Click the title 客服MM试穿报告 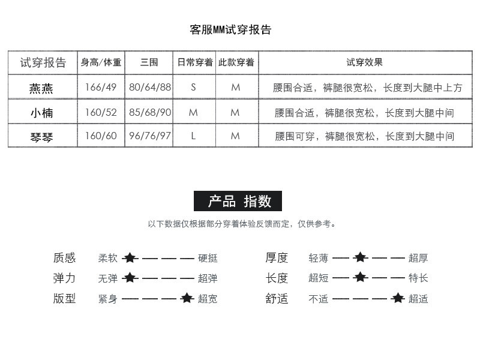[x=230, y=30]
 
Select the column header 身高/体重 [x=101, y=62]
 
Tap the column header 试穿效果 [x=364, y=62]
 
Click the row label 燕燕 [x=41, y=88]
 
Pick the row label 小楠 [x=41, y=112]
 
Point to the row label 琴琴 [x=41, y=136]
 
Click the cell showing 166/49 [x=101, y=87]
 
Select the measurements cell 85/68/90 [x=150, y=112]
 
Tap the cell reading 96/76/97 [x=150, y=136]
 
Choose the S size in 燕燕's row [x=193, y=87]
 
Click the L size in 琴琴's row [x=193, y=136]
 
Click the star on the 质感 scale [x=130, y=258]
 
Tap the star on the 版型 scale [x=187, y=298]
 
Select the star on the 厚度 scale [x=359, y=258]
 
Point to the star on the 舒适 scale [x=397, y=298]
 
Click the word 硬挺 [x=208, y=259]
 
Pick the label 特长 [x=418, y=278]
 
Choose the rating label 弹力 [x=64, y=278]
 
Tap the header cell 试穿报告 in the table [x=43, y=62]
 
